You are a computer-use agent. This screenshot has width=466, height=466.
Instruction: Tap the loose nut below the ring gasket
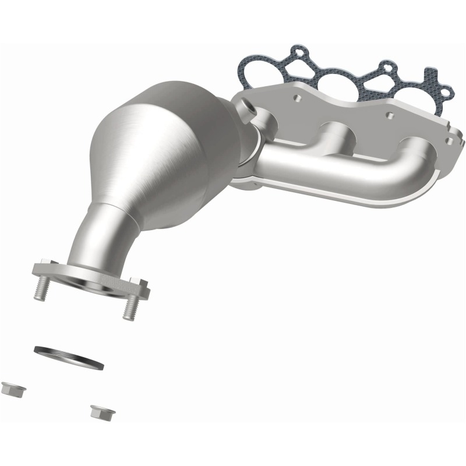tap(102, 412)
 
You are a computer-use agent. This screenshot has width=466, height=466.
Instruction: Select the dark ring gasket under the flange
tap(69, 357)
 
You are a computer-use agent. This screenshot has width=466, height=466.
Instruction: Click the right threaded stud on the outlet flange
tap(129, 306)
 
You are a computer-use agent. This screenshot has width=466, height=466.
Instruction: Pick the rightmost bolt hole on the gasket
tap(446, 91)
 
